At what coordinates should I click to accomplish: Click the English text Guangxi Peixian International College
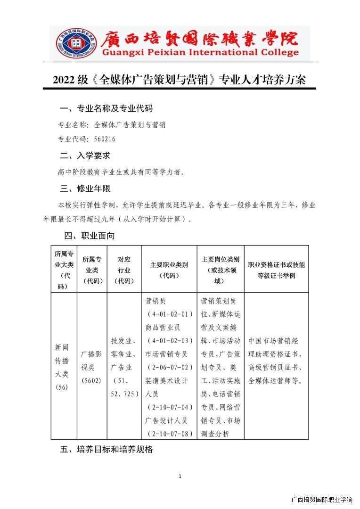click(194, 52)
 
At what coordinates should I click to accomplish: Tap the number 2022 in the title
click(64, 80)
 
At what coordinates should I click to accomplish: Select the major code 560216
click(105, 139)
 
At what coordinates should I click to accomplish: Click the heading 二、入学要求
click(85, 156)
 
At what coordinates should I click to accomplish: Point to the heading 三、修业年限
click(85, 189)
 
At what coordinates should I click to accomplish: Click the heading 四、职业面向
click(90, 236)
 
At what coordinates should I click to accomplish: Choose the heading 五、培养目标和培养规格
click(106, 450)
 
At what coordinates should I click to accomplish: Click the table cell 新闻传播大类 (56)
click(62, 367)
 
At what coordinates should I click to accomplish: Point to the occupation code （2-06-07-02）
click(170, 367)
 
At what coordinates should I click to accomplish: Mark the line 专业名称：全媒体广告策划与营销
click(111, 125)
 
